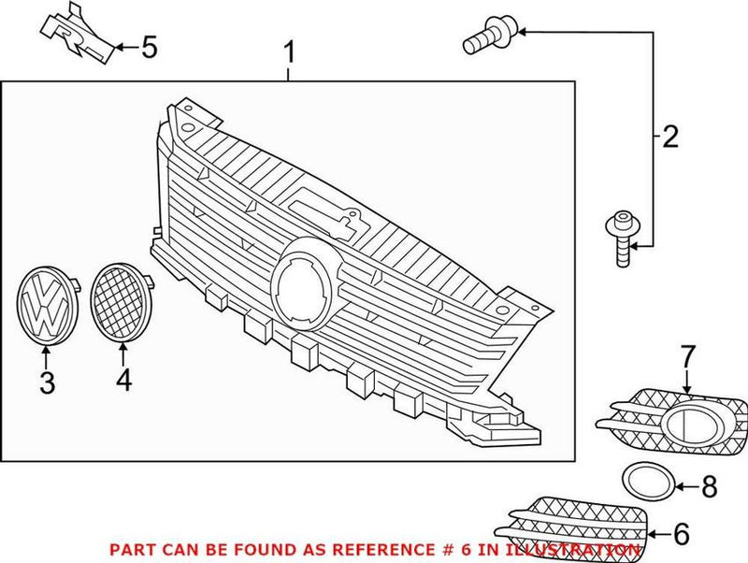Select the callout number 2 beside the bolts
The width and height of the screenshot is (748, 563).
(669, 139)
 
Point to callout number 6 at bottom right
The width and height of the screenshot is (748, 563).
(680, 534)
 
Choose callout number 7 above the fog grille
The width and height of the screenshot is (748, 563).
(687, 356)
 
